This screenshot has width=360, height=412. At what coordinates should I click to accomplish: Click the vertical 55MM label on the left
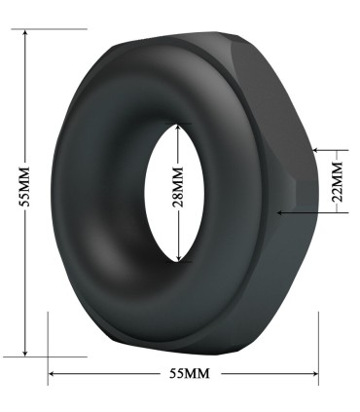[x=24, y=186]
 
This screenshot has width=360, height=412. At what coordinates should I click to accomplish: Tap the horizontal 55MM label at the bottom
[x=190, y=373]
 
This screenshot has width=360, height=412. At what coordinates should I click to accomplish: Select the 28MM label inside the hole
[x=178, y=187]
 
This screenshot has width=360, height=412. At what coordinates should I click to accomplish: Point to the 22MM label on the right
[x=339, y=181]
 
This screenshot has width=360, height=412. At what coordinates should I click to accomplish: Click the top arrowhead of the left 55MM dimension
[x=25, y=32]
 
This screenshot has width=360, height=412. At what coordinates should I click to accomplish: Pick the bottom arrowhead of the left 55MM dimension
[x=25, y=353]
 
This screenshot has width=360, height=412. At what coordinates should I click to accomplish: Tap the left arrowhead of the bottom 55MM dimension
[x=52, y=374]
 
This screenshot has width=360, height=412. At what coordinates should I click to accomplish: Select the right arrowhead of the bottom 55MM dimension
[x=314, y=374]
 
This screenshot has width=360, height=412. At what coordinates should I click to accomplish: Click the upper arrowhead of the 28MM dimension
[x=178, y=128]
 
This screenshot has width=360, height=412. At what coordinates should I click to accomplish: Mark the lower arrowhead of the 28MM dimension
[x=178, y=257]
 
